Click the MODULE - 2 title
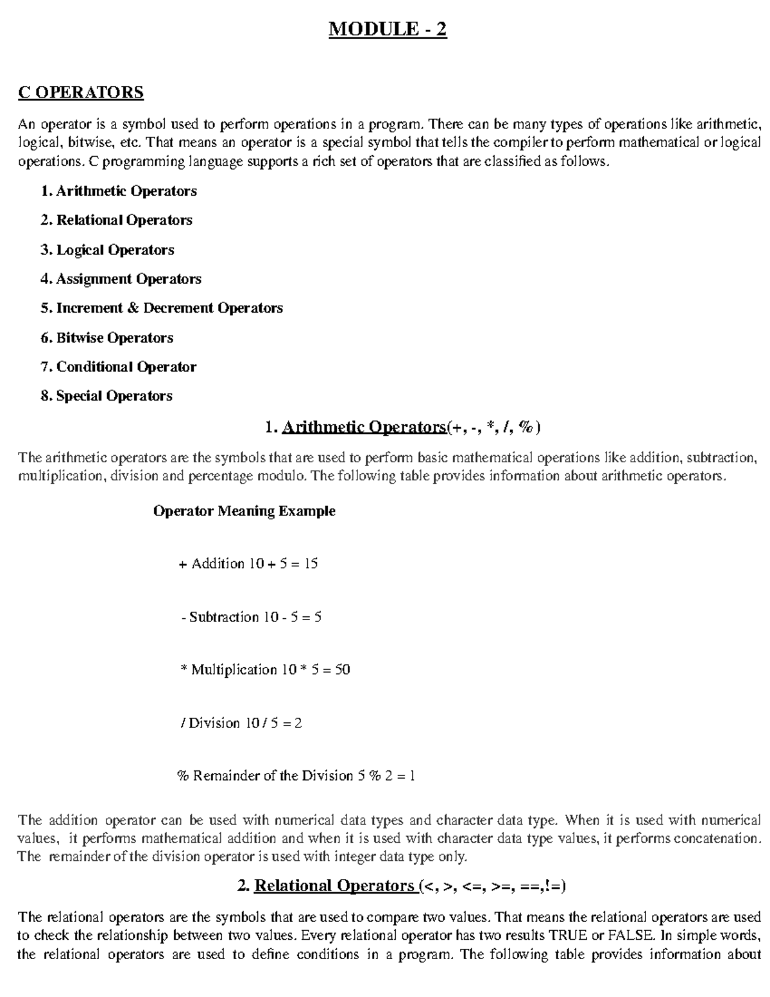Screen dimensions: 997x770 click(x=388, y=30)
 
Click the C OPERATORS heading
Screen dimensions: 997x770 click(x=81, y=92)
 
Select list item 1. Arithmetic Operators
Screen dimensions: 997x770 click(x=118, y=191)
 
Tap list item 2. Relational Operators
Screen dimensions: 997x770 click(x=116, y=220)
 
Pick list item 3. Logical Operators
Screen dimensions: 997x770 click(x=107, y=250)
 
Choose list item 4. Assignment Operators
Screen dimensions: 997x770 click(x=121, y=279)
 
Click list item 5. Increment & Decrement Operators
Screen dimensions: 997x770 click(x=161, y=308)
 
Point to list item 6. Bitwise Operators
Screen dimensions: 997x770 click(x=107, y=338)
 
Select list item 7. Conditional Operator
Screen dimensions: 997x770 click(x=118, y=367)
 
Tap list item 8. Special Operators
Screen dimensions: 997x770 click(x=107, y=396)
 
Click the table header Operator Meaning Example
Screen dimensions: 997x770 click(x=244, y=511)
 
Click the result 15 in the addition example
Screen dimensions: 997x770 click(x=311, y=564)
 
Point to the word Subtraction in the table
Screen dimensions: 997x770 click(x=223, y=617)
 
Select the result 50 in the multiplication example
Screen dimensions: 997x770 click(x=343, y=670)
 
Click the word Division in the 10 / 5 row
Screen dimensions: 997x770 click(x=214, y=723)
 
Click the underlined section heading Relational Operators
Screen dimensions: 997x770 click(x=334, y=886)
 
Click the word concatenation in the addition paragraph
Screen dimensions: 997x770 click(x=717, y=838)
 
